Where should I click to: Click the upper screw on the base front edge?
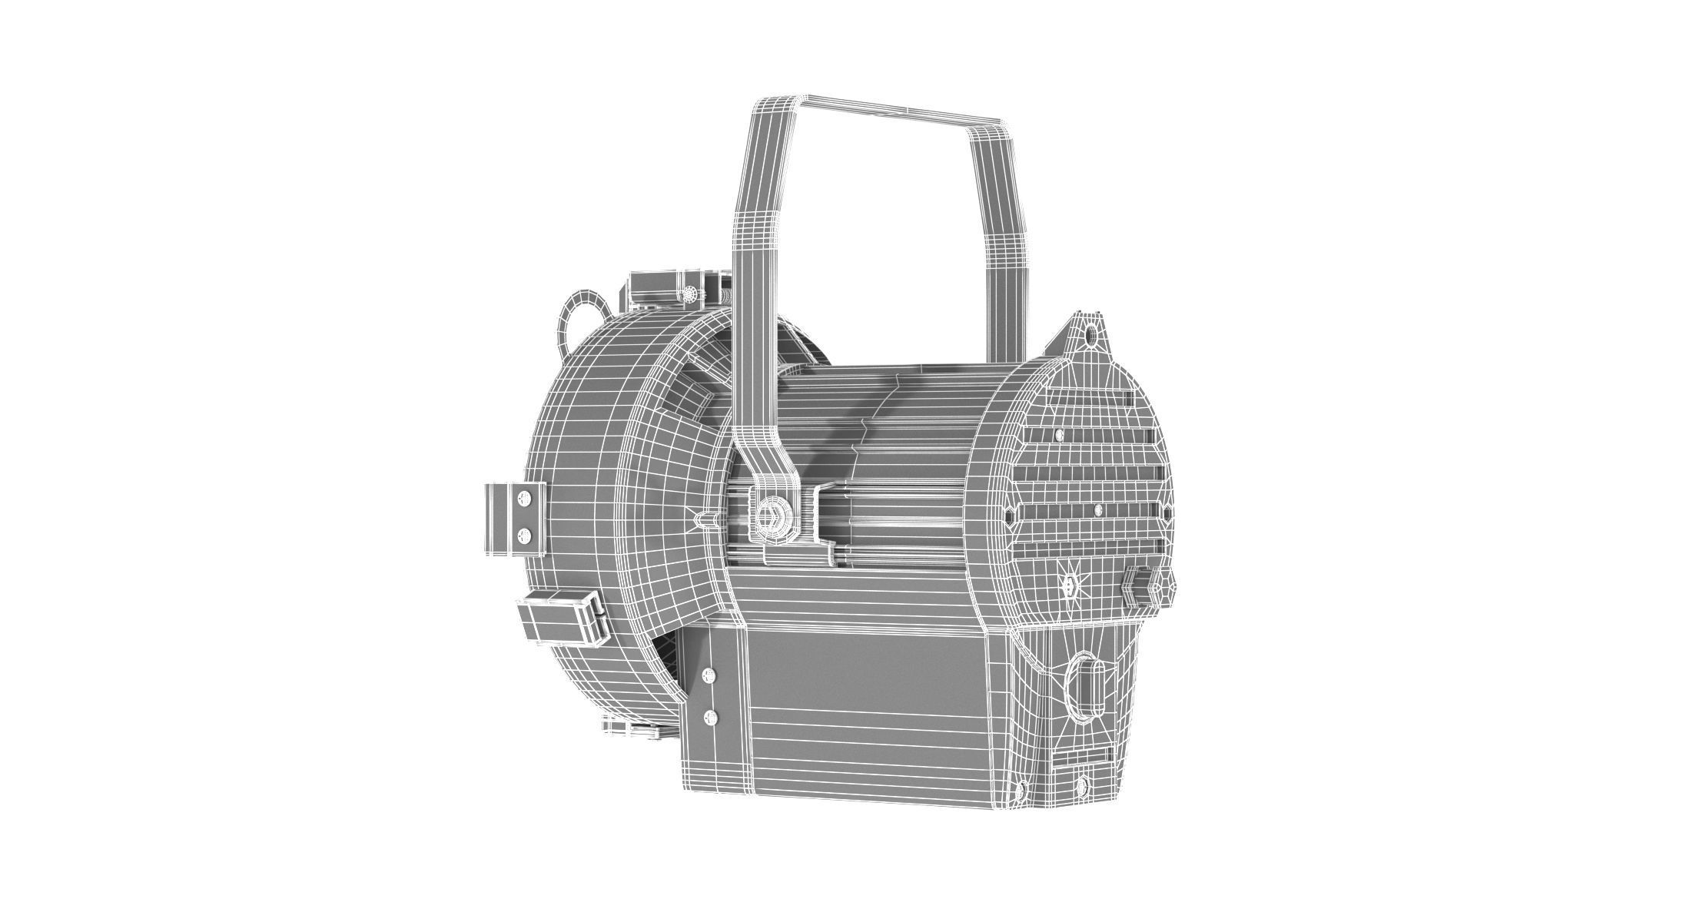[708, 675]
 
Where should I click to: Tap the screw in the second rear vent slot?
[1060, 435]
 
